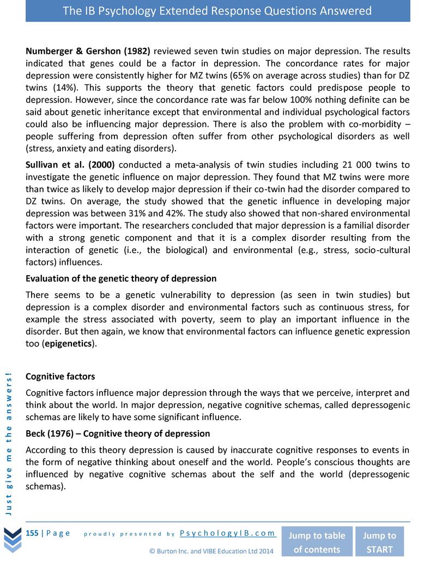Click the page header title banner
click(217, 11)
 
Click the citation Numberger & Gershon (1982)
click(88, 52)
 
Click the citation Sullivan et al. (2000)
click(70, 165)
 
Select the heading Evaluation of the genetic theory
click(121, 279)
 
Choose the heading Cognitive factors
click(60, 376)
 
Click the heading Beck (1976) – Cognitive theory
click(118, 434)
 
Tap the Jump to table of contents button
click(317, 542)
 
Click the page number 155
click(32, 533)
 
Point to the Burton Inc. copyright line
click(211, 551)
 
